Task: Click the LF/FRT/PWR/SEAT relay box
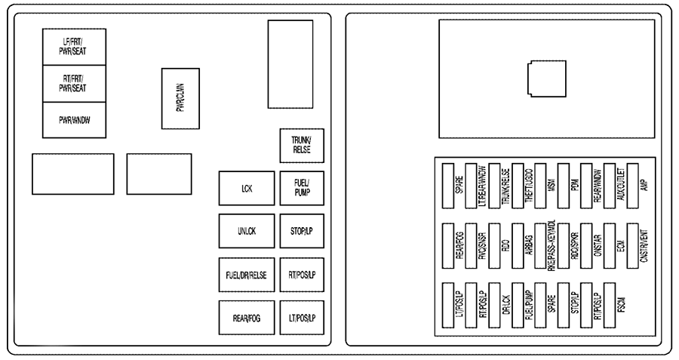click(74, 47)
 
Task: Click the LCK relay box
click(246, 189)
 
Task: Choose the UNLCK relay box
click(246, 232)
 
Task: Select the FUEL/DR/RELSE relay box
click(246, 275)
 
